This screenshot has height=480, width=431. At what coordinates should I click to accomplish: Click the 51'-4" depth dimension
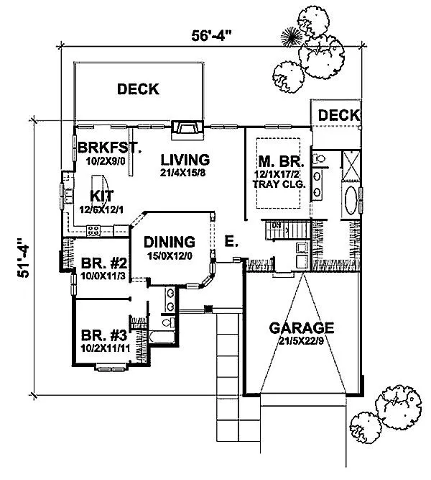[23, 258]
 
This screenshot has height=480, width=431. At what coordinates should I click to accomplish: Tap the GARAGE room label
[302, 328]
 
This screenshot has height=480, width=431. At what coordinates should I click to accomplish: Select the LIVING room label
[185, 160]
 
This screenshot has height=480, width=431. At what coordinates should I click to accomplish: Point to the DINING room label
[170, 242]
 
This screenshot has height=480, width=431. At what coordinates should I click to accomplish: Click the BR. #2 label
[104, 263]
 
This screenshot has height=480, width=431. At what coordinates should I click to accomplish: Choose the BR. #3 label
[104, 335]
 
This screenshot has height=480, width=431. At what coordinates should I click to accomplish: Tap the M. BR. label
[281, 161]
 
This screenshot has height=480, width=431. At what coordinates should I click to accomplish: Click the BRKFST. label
[109, 148]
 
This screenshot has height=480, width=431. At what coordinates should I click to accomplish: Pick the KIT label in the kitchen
[102, 196]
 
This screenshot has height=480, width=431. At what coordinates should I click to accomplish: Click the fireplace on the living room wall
[187, 130]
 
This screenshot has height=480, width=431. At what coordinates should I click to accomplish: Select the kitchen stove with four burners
[93, 230]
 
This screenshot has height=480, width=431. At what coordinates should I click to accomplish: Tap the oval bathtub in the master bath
[351, 200]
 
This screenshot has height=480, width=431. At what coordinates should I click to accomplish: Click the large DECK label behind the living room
[138, 89]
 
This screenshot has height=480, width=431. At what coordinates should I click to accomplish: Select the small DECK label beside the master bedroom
[339, 115]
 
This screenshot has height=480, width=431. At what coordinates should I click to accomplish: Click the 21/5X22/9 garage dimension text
[301, 340]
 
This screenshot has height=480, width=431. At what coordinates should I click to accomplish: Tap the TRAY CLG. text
[279, 184]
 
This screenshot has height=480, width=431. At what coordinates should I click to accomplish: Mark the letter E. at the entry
[231, 241]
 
